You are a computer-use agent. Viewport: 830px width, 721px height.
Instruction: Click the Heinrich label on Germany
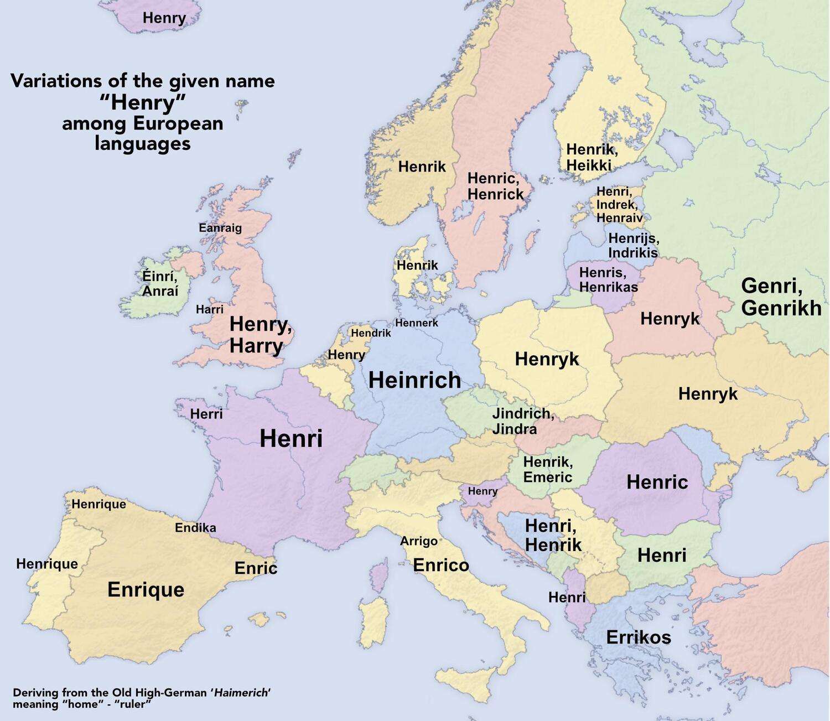(x=414, y=380)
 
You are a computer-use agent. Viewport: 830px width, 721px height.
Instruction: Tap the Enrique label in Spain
(x=146, y=589)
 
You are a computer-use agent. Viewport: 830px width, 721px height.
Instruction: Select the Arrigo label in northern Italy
(x=419, y=541)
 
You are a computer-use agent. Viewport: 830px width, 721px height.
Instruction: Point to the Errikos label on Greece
(x=639, y=637)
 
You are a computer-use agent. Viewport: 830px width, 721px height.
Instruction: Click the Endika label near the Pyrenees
(x=195, y=528)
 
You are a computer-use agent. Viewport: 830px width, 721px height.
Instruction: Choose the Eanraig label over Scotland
(x=220, y=228)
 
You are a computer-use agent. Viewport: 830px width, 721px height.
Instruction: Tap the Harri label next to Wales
(x=210, y=310)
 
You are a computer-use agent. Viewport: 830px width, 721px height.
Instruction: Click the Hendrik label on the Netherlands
(x=371, y=333)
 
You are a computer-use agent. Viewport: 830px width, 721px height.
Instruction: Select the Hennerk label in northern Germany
(x=417, y=323)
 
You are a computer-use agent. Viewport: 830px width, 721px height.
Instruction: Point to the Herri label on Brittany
(x=206, y=414)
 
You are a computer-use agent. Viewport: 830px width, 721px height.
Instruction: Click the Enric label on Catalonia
(x=256, y=568)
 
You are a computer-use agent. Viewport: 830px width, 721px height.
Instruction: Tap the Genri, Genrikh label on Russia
(x=781, y=297)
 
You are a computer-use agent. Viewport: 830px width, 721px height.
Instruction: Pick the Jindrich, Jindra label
(x=522, y=421)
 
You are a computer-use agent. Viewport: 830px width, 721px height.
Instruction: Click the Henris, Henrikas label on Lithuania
(x=608, y=280)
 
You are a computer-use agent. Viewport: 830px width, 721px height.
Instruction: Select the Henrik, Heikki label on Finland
(x=592, y=157)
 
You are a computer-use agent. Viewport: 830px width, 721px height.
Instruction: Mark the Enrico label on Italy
(x=441, y=565)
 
